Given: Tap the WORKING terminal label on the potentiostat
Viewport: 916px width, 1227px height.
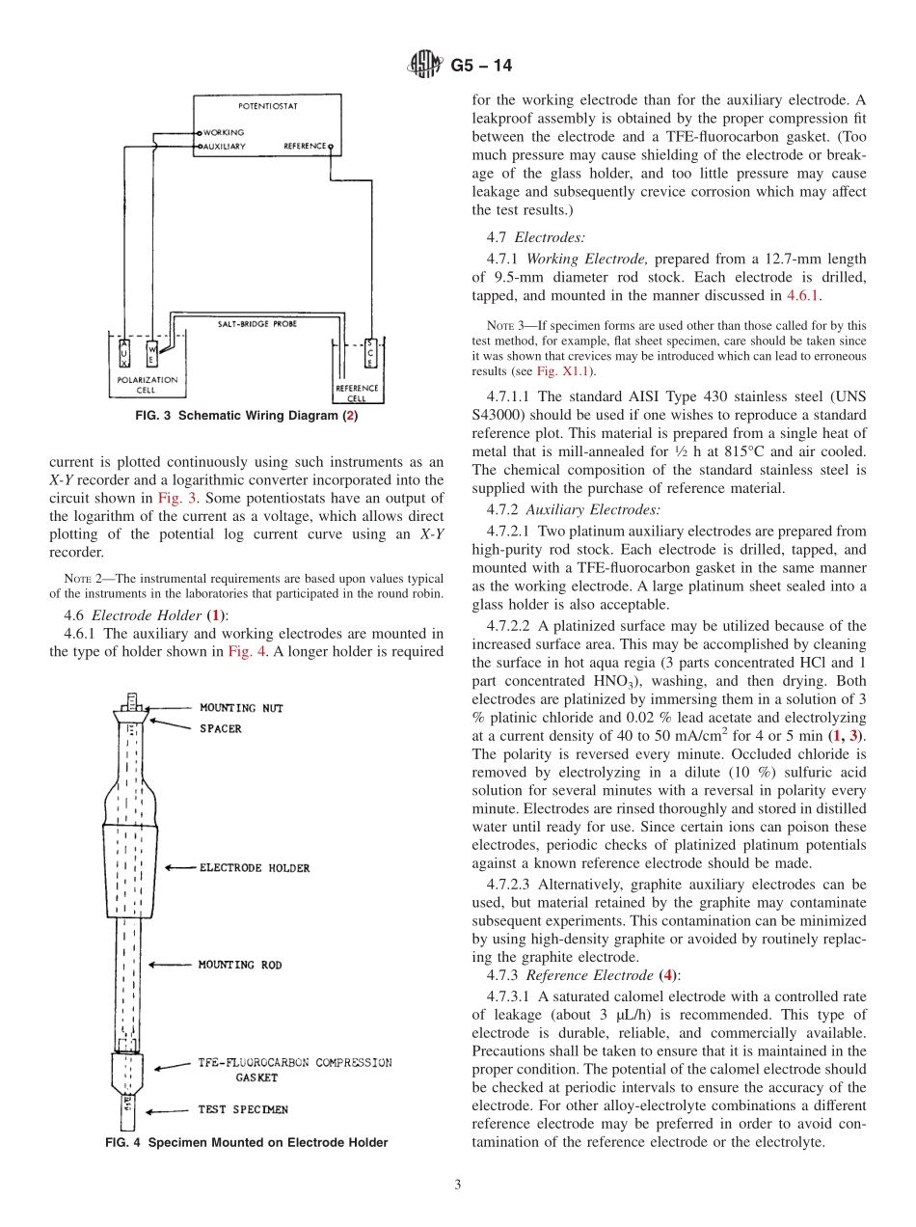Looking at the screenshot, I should click(224, 132).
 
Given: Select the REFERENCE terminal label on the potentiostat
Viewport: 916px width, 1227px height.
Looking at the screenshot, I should click(304, 147).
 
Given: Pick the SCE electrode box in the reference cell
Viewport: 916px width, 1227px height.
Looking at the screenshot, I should click(371, 356).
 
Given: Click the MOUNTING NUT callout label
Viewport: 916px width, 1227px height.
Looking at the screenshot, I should click(241, 708).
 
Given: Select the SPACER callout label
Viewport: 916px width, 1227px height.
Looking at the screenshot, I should click(220, 728).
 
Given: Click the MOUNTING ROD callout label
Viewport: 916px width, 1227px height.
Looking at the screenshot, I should click(240, 965).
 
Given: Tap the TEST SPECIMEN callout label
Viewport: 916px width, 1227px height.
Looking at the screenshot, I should click(243, 1109).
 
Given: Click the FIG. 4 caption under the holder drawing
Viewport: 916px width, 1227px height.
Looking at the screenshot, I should click(246, 1142).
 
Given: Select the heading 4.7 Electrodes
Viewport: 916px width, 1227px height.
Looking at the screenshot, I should click(535, 236).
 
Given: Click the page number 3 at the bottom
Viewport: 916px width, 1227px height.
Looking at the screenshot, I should click(457, 1185).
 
